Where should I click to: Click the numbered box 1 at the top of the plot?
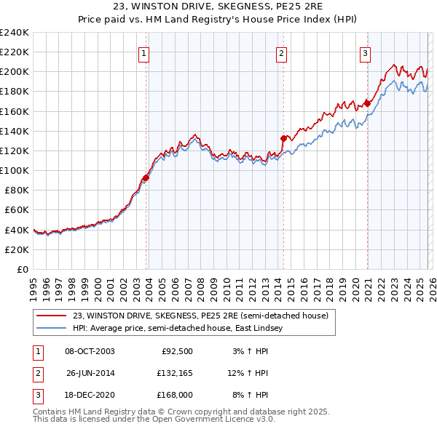coord(144,52)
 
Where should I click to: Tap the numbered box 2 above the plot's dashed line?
coord(281,52)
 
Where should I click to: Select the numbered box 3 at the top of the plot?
coord(365,52)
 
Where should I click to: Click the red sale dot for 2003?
coord(146,177)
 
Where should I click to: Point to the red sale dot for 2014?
coord(284,138)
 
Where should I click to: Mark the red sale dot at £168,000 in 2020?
coord(368,103)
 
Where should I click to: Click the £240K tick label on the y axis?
coord(15,33)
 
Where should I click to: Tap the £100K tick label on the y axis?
coord(15,170)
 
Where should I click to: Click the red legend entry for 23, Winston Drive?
coord(200,316)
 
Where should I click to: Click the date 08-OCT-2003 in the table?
coord(90,351)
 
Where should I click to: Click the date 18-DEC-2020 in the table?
coord(90,396)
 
